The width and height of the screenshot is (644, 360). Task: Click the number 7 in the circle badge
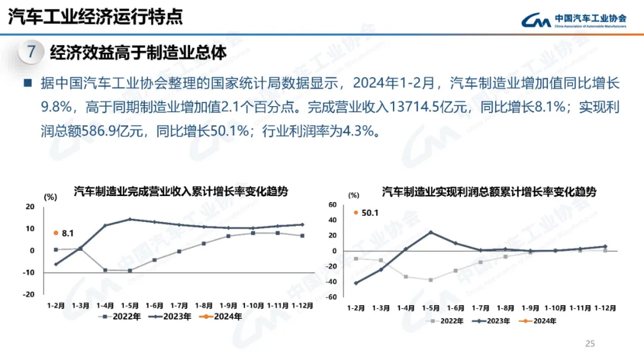point(32,52)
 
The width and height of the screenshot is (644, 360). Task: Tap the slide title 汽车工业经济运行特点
point(95,16)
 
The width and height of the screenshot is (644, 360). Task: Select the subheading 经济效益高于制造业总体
point(138,52)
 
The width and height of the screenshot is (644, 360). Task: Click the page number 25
point(590,343)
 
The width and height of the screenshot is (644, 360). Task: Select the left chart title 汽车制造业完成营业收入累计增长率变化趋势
point(181,192)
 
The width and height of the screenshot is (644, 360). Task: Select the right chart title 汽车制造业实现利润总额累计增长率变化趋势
point(489,192)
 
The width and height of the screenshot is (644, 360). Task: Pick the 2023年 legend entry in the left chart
point(171,316)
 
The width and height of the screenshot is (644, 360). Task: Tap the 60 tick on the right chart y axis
point(333,204)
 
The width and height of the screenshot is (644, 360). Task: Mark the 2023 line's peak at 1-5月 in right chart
point(431,232)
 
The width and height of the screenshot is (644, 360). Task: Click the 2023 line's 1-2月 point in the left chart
point(56,264)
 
